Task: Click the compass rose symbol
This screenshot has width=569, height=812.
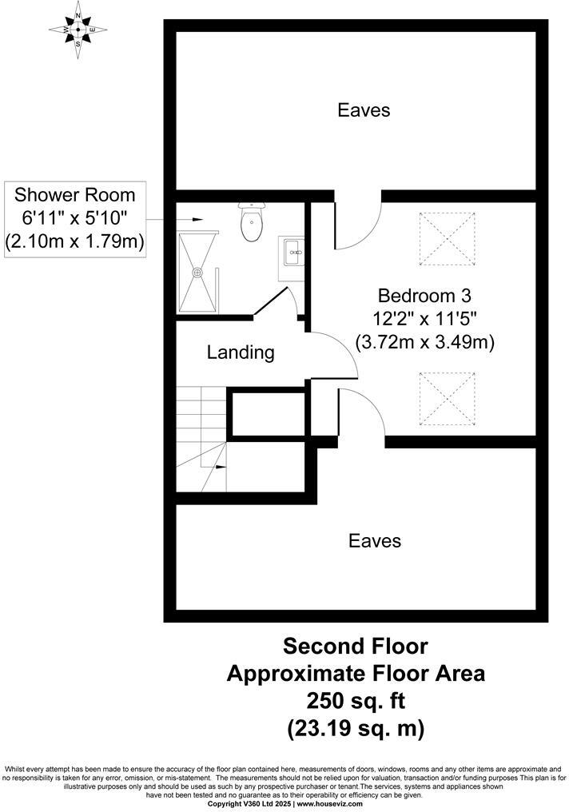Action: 78,30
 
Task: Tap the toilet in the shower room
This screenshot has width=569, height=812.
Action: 251,223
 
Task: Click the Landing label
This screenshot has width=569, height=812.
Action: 241,352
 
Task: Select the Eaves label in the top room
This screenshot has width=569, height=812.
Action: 364,110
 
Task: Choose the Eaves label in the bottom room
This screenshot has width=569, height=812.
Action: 375,541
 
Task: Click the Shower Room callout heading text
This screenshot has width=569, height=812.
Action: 75,195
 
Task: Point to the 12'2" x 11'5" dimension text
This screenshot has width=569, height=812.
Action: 424,317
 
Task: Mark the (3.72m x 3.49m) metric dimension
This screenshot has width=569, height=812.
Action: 424,342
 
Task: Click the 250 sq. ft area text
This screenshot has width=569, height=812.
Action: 356,701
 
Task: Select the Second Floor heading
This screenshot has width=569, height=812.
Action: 356,645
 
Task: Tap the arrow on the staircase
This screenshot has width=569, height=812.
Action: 219,464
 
